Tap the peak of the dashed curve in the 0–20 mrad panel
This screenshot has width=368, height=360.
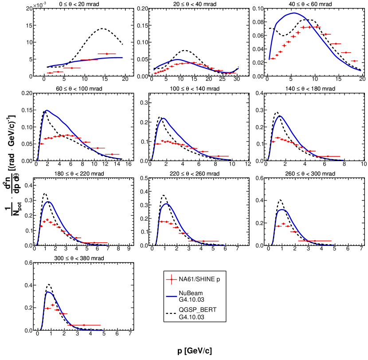coord(103,29)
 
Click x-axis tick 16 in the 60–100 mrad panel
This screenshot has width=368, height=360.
coord(129,164)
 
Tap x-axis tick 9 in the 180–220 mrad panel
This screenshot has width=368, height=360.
coord(129,249)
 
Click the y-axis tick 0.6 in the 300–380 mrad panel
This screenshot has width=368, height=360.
coord(29,263)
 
